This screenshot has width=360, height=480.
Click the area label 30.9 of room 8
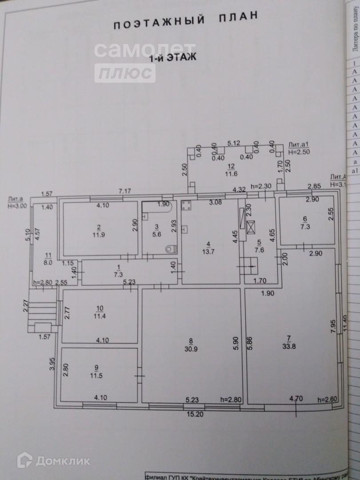(x=191, y=348)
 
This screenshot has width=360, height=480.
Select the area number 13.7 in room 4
(x=208, y=251)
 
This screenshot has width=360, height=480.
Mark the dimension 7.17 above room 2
(x=124, y=191)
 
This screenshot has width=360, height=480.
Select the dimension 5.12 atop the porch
(x=233, y=143)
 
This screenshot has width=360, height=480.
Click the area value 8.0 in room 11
(x=47, y=262)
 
